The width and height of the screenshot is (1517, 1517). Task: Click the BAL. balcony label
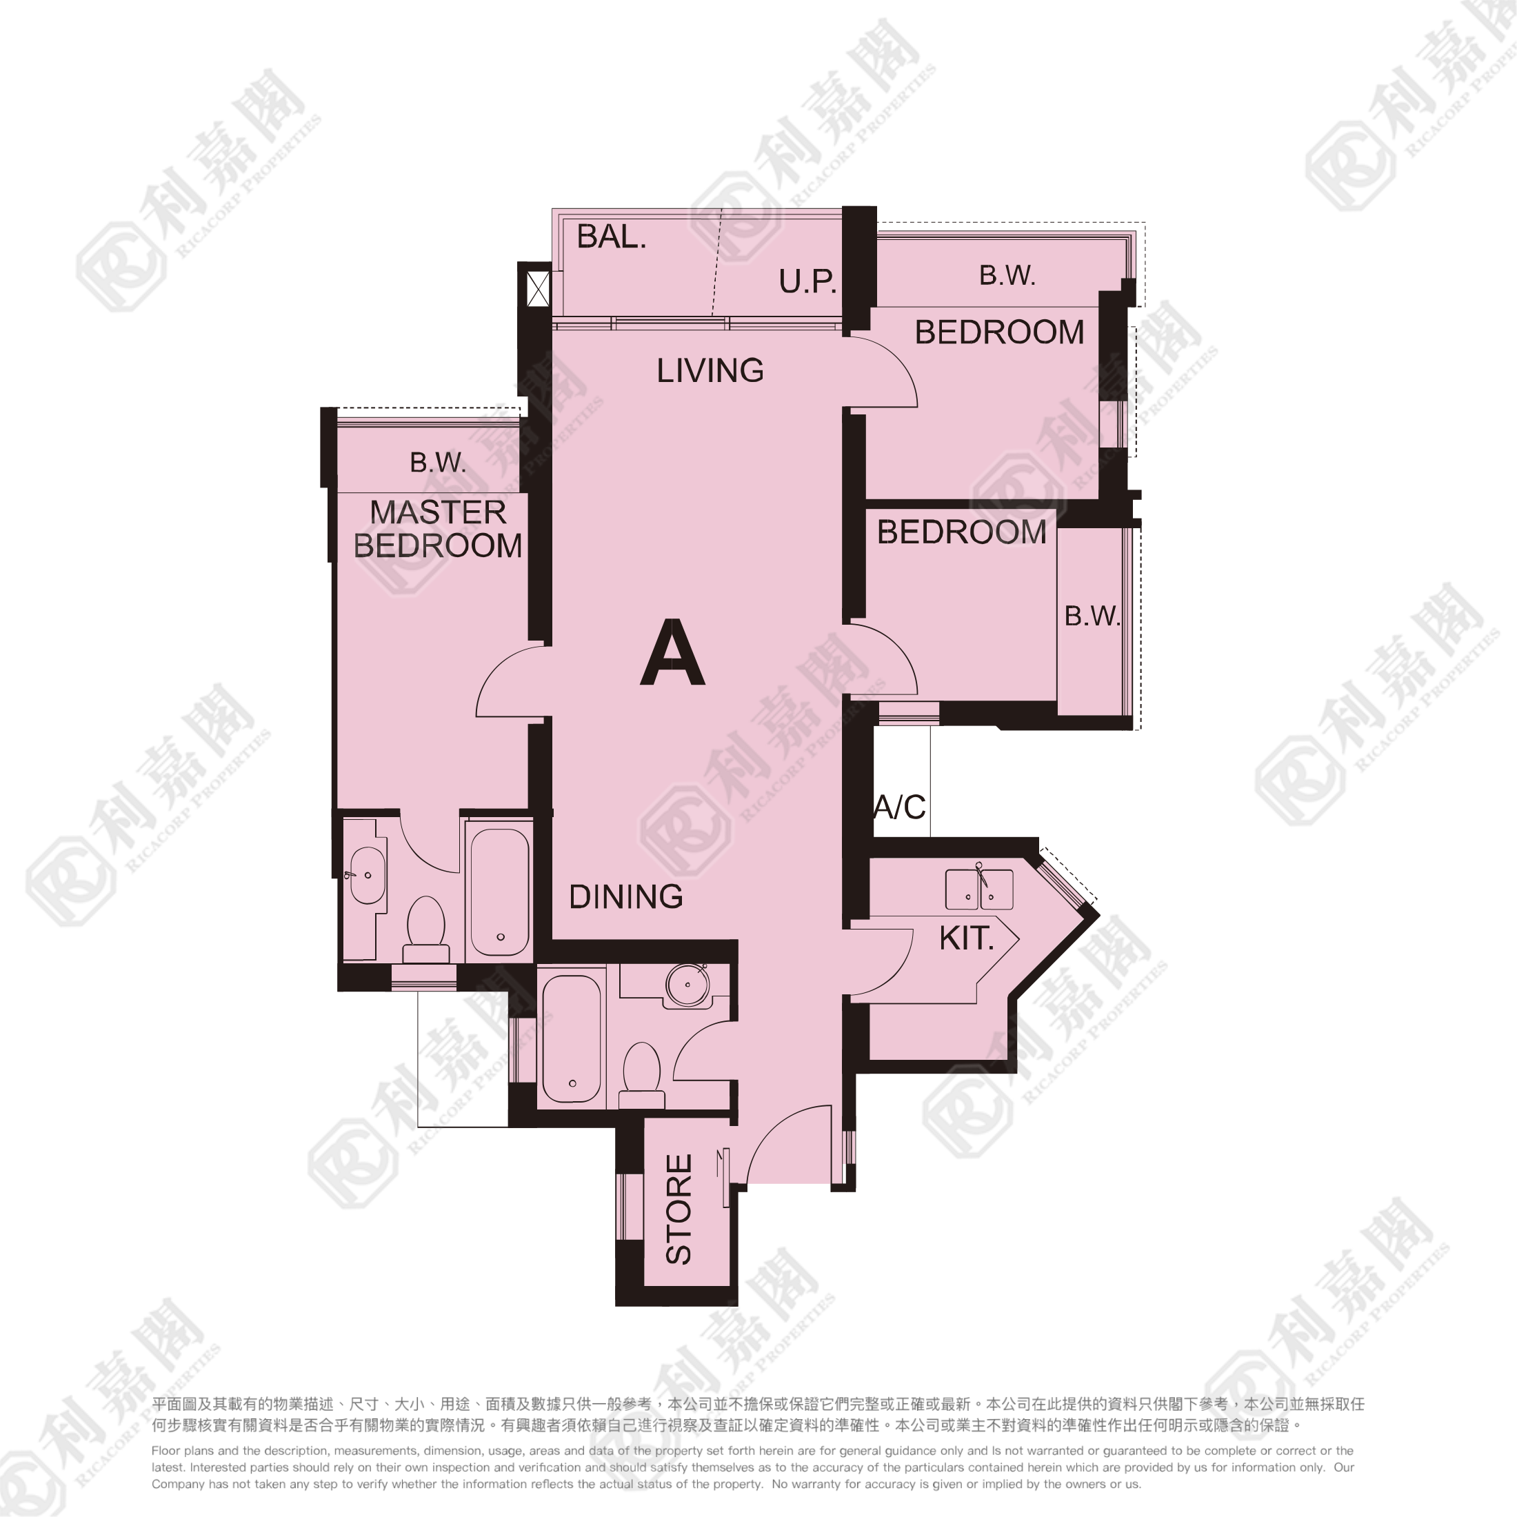point(612,237)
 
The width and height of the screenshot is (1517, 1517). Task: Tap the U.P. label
point(808,281)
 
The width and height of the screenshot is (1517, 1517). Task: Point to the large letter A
point(672,652)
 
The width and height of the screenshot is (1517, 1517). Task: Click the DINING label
point(626,896)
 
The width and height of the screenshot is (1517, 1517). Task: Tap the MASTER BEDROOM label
point(438,529)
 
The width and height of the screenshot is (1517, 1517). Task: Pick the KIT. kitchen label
point(967,938)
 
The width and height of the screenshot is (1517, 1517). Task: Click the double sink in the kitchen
point(979,890)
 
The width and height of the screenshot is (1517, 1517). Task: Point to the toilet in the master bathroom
point(425,930)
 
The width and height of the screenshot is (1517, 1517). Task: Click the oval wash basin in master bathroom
point(367,876)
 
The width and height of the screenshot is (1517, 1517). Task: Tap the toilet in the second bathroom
point(641,1075)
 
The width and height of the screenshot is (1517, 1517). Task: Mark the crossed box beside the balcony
point(539,289)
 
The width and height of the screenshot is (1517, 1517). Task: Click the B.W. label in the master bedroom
point(438,463)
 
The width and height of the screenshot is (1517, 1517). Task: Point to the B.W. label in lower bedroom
point(1092,616)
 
